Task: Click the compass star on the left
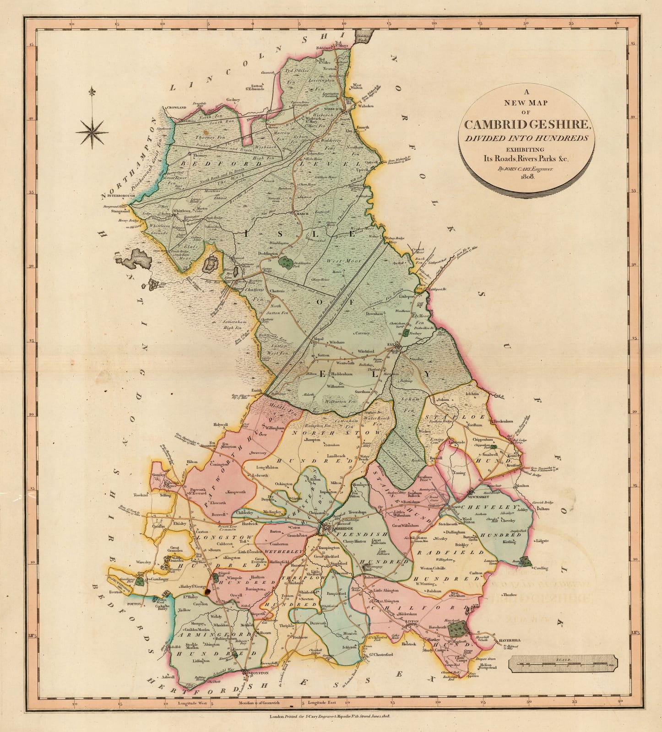(92, 133)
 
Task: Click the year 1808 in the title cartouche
(527, 177)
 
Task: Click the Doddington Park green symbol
(287, 262)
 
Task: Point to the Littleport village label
(407, 296)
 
